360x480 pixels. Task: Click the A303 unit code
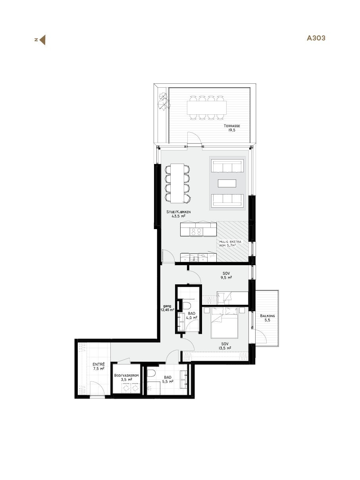click(316, 39)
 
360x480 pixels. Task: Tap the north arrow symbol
click(42, 40)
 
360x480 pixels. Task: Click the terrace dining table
click(206, 107)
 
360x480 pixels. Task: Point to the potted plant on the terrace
click(163, 101)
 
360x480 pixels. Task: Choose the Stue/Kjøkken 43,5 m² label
click(179, 214)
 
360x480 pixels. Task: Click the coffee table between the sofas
click(227, 183)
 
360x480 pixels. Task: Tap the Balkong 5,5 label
click(268, 318)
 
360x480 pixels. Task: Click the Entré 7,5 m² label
click(98, 366)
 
